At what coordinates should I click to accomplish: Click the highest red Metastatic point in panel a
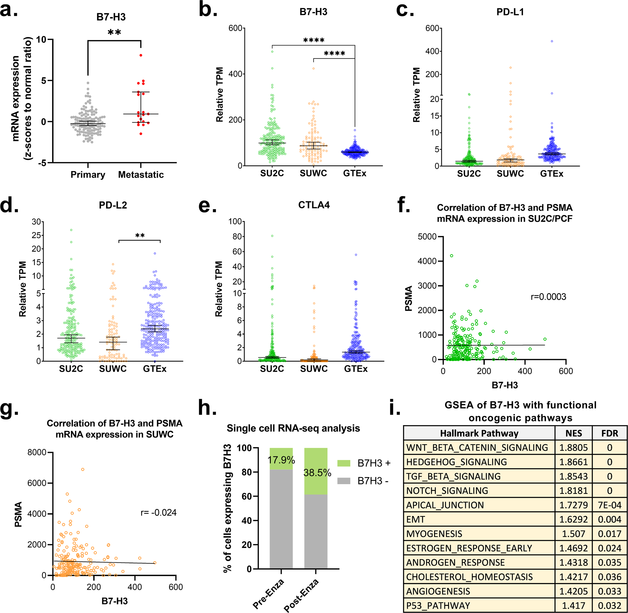pos(141,55)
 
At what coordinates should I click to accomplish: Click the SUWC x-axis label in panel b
pos(313,173)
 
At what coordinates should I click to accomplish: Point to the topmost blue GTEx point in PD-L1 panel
pos(552,41)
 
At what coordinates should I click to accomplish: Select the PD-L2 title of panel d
pos(113,205)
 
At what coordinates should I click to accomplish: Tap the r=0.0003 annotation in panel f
pos(548,297)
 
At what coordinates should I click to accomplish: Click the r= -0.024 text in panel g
pos(159,513)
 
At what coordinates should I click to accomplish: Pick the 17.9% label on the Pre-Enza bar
pos(281,460)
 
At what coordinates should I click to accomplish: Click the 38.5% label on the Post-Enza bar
pos(317,473)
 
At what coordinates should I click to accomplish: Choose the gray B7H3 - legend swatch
pos(344,481)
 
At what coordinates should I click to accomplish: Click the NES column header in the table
pos(574,433)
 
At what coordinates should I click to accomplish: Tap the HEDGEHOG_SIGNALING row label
pos(457,462)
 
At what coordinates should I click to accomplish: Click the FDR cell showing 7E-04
pos(609,505)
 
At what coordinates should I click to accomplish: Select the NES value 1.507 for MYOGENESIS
pos(574,534)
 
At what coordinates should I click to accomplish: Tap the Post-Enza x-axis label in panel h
pos(301,595)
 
